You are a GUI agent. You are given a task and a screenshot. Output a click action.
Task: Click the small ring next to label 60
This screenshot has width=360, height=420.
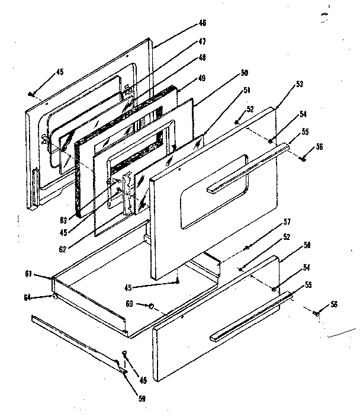(x=152, y=306)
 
